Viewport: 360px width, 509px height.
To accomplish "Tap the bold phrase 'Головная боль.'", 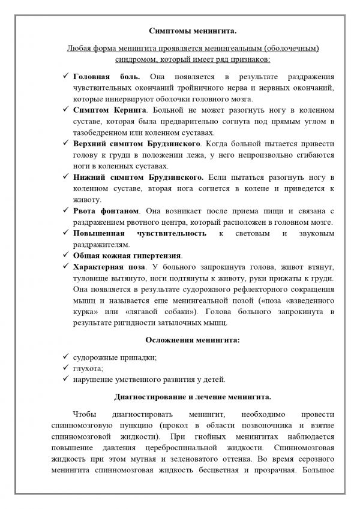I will pos(106,77).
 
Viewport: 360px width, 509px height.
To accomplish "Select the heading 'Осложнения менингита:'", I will pos(180,340).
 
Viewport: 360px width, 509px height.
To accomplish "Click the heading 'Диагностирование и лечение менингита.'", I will pos(179,396).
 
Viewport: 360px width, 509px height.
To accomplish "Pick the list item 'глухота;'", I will pos(89,368).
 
